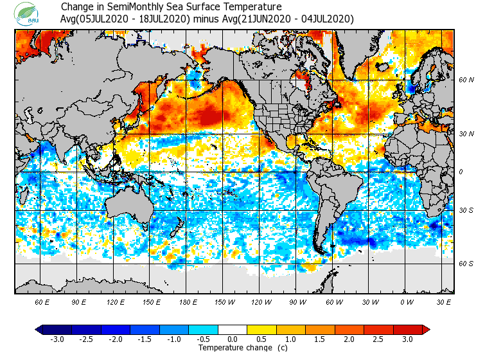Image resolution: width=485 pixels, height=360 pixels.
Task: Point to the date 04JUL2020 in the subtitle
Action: tap(326, 19)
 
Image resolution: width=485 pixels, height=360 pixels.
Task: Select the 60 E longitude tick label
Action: tap(42, 301)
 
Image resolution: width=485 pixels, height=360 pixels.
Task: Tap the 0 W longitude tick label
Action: tap(406, 301)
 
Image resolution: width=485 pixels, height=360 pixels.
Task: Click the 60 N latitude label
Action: tap(466, 80)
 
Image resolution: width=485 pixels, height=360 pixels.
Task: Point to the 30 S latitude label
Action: tap(466, 211)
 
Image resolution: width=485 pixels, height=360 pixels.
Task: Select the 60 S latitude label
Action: tap(466, 264)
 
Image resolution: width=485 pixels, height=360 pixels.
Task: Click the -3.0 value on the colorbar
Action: tap(58, 339)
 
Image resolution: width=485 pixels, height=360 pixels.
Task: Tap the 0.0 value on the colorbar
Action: tap(233, 339)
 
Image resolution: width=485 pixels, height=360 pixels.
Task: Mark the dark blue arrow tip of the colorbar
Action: tap(39, 330)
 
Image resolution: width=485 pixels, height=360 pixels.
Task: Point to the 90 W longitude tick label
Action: tap(297, 301)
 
